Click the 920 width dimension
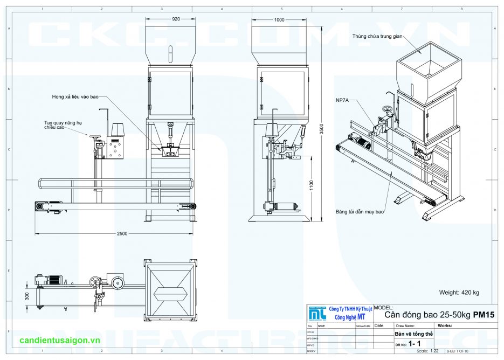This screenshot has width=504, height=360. pyautogui.click(x=176, y=19)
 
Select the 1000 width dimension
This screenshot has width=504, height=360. pyautogui.click(x=279, y=20)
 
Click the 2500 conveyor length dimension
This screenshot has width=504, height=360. pyautogui.click(x=122, y=233)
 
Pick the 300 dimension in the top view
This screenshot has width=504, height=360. pyautogui.click(x=27, y=296)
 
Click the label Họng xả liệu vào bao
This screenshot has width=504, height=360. pyautogui.click(x=75, y=97)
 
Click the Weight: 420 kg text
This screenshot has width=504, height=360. pyautogui.click(x=459, y=293)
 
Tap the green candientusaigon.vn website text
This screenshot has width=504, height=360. pyautogui.click(x=59, y=341)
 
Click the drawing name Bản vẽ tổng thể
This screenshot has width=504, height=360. pyautogui.click(x=413, y=334)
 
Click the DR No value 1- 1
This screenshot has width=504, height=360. pyautogui.click(x=414, y=343)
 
